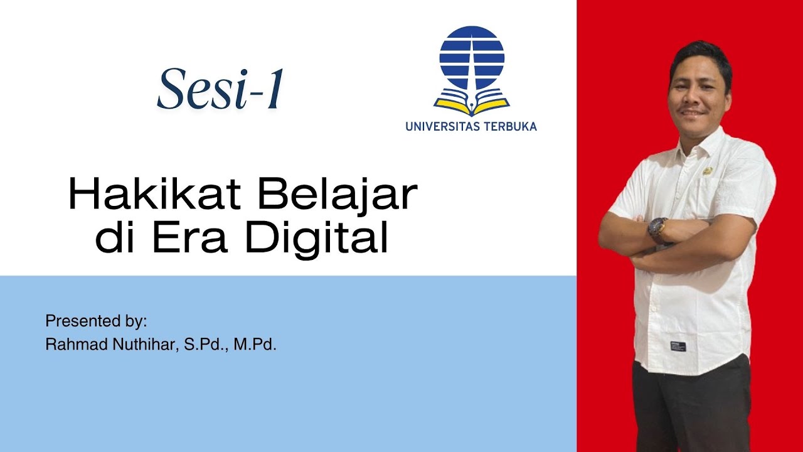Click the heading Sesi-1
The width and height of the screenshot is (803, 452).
pyautogui.click(x=220, y=90)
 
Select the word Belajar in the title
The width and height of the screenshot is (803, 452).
pyautogui.click(x=336, y=196)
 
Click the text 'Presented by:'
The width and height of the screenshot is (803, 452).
pyautogui.click(x=96, y=321)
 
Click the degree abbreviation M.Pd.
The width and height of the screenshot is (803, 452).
pyautogui.click(x=255, y=345)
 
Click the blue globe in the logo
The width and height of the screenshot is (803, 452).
pyautogui.click(x=472, y=58)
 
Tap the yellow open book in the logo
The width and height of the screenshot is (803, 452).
pyautogui.click(x=472, y=104)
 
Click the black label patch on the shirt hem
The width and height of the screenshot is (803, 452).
pyautogui.click(x=678, y=345)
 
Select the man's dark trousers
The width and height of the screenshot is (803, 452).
pyautogui.click(x=690, y=408)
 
